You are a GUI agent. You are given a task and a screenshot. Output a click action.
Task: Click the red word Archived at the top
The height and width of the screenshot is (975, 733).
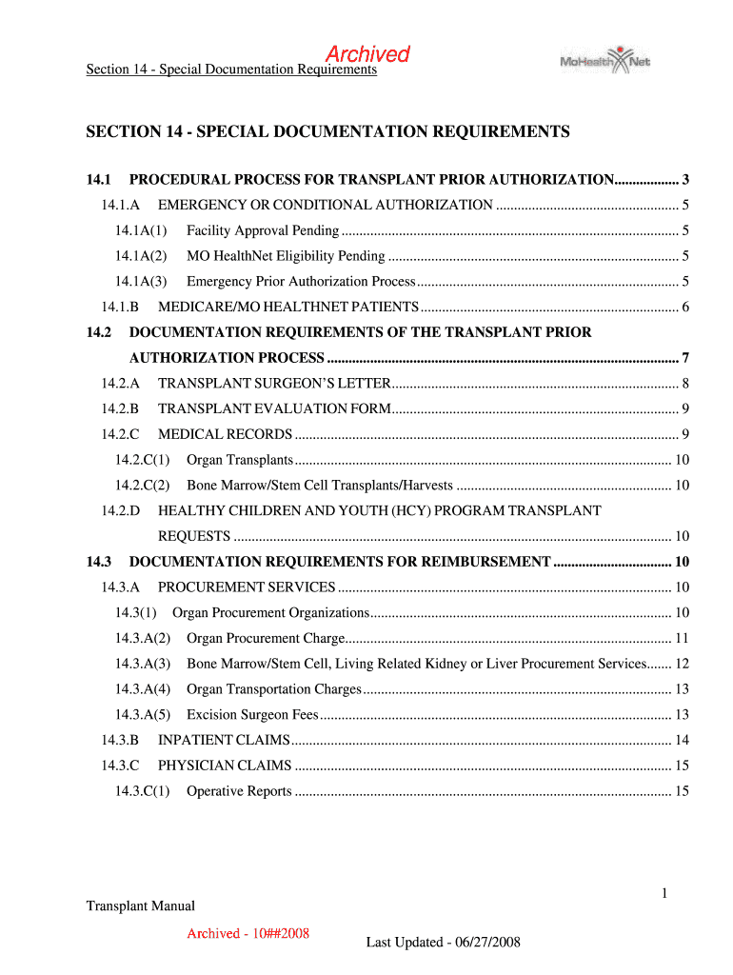[x=367, y=54]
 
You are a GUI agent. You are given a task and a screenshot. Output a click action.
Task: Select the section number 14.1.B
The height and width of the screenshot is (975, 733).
[x=120, y=307]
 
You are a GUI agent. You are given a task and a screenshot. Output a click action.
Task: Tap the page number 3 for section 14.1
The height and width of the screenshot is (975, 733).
[x=685, y=179]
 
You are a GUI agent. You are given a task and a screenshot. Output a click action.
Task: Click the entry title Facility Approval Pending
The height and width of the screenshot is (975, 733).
[x=263, y=230]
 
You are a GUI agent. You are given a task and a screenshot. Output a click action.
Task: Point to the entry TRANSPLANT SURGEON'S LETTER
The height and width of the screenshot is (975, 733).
[x=274, y=384]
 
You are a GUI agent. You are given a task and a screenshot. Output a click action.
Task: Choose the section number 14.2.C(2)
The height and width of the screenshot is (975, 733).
[x=142, y=486]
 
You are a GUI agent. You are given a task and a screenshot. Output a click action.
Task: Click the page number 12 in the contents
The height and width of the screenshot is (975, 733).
[x=681, y=664]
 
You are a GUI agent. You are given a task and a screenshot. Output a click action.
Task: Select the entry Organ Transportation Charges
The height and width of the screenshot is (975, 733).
[x=274, y=689]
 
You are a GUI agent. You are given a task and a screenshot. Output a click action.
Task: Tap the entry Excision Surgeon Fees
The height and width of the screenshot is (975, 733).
[x=252, y=715]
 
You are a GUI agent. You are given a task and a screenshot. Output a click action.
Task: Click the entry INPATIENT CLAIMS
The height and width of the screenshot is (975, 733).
[x=224, y=740]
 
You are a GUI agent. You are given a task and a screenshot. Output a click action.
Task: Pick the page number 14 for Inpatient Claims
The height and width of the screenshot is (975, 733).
[x=681, y=740]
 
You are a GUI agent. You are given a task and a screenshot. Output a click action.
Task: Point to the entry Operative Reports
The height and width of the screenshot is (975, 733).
[x=239, y=791]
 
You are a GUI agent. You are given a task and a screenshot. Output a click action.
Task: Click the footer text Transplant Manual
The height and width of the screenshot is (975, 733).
[x=140, y=905]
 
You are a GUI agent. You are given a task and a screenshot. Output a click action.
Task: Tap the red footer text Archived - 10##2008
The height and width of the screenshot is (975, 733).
[x=248, y=933]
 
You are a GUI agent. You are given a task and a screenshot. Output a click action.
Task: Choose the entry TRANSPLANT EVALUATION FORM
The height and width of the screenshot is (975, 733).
[x=274, y=408]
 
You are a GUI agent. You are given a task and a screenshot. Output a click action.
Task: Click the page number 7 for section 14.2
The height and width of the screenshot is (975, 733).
[x=685, y=358]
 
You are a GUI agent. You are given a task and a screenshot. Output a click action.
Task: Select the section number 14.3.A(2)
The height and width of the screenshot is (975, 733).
[x=142, y=638]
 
